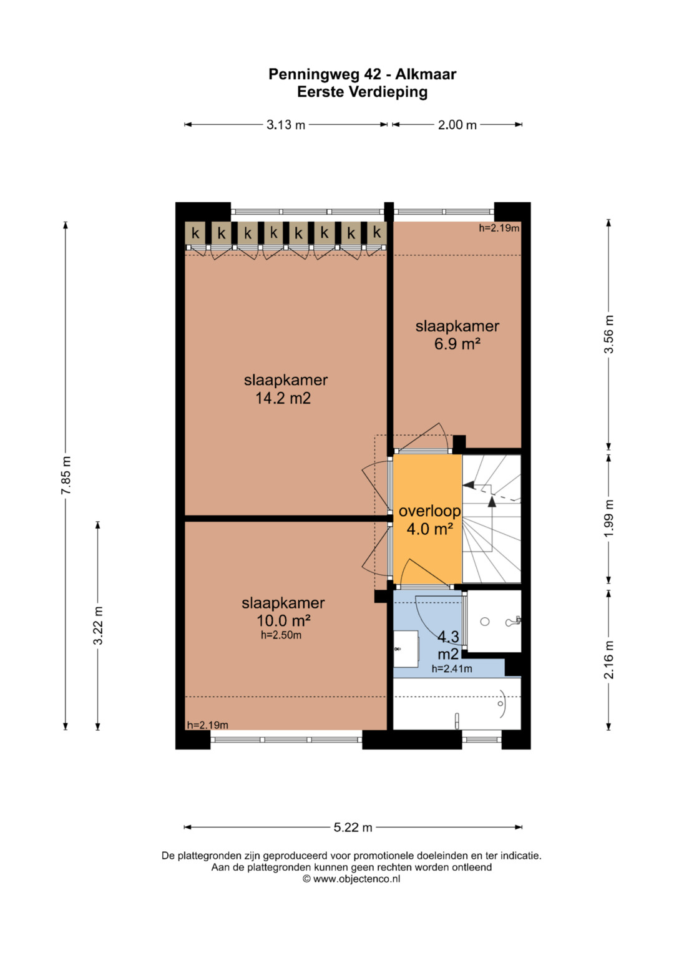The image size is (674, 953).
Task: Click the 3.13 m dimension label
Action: [286, 125]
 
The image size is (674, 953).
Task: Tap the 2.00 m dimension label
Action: [457, 125]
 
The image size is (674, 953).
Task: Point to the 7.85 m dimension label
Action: [66, 475]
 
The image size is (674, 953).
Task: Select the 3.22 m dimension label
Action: [98, 625]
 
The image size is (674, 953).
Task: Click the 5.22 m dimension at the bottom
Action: [353, 827]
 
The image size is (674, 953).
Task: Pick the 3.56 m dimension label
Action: [609, 334]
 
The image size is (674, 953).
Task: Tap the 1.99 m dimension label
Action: [609, 518]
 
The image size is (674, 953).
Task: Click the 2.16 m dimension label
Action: [609, 660]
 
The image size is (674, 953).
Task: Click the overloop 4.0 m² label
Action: [429, 520]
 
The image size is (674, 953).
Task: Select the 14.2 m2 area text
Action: [283, 398]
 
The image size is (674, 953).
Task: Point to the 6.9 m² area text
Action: [457, 344]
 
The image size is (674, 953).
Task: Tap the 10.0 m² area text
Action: [283, 621]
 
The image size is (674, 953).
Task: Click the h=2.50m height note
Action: [281, 635]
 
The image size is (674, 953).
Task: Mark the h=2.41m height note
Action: [452, 669]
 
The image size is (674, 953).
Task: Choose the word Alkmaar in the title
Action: [426, 74]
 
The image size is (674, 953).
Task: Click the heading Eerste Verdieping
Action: [362, 92]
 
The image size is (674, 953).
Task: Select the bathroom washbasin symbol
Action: [405, 649]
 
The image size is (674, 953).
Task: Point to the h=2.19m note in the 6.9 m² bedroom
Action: [499, 228]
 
